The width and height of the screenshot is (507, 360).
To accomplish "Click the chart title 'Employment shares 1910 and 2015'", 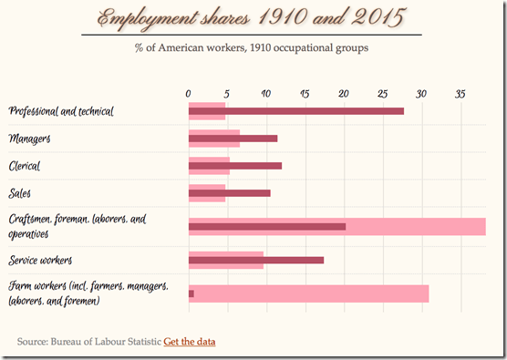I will (253, 18).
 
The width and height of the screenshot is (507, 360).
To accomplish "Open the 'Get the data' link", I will (190, 341).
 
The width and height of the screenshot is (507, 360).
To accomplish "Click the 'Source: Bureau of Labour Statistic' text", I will (88, 341).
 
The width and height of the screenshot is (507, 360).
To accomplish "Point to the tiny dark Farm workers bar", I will (191, 293).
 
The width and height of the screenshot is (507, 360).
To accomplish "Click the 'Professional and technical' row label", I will (60, 111).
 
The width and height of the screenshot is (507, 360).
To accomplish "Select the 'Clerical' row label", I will (25, 166).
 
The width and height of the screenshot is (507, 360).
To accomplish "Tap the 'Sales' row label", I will (20, 193).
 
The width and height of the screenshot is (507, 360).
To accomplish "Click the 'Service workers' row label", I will (40, 260).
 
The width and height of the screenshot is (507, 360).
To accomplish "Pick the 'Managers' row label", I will (28, 139).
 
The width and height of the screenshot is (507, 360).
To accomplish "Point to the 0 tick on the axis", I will (188, 93).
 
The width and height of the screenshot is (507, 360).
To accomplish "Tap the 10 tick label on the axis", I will (265, 93).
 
